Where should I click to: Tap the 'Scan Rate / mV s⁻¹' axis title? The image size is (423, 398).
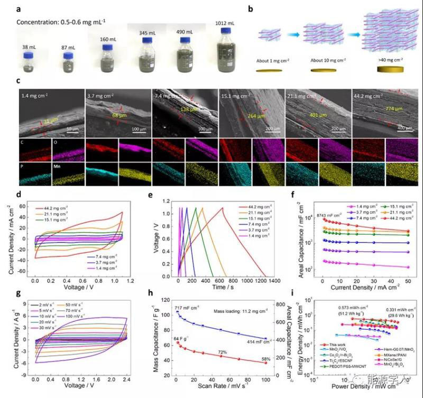(x=229, y=391)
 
